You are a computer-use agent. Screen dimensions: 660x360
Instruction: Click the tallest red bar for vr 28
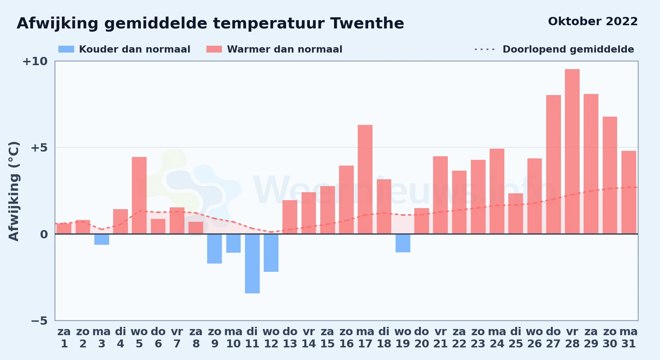(x=572, y=151)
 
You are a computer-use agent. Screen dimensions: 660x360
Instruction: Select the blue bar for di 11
(x=252, y=264)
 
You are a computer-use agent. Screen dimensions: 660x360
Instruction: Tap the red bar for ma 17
(x=365, y=179)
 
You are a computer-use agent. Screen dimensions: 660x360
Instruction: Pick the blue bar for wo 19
(x=403, y=243)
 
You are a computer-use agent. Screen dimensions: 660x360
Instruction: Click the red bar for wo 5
(x=139, y=195)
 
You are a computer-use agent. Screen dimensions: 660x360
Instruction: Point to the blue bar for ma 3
(x=102, y=239)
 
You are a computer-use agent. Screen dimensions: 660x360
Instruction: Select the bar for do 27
(x=553, y=165)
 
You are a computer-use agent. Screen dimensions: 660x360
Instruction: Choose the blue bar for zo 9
(x=214, y=249)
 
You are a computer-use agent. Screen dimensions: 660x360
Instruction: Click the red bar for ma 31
(x=629, y=192)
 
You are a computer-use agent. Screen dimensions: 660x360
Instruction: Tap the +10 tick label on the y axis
(x=35, y=61)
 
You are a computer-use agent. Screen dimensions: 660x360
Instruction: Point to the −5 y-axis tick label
(x=39, y=320)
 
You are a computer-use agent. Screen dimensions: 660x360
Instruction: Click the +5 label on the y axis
(x=39, y=148)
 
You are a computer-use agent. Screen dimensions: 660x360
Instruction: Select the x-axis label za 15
(x=327, y=338)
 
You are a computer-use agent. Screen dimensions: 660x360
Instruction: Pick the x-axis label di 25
(x=516, y=338)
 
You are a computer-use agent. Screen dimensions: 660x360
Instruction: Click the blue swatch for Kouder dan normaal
(x=66, y=49)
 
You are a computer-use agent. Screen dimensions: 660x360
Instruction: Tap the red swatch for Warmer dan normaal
(x=214, y=49)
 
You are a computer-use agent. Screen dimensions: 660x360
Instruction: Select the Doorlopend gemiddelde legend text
(x=568, y=49)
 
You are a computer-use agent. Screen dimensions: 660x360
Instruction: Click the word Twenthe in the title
(x=367, y=23)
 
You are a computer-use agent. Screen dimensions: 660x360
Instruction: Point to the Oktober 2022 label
(x=593, y=22)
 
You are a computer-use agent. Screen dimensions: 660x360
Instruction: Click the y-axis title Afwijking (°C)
(x=14, y=191)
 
